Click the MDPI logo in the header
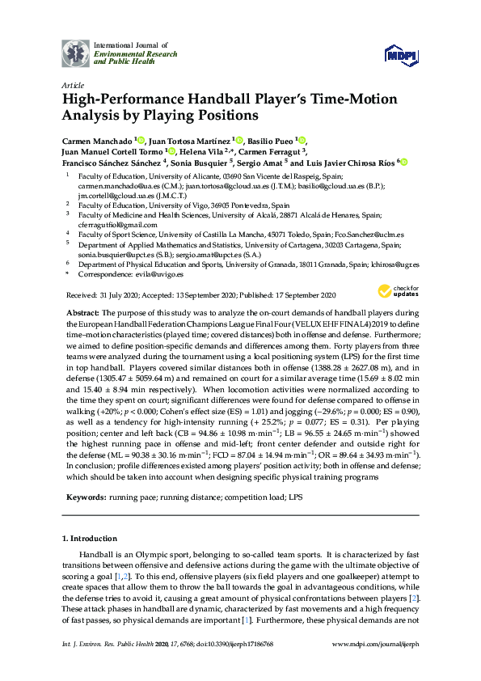(x=401, y=53)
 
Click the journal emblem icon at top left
(x=75, y=53)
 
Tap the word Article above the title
(x=71, y=84)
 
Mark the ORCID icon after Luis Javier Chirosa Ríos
(x=404, y=163)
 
